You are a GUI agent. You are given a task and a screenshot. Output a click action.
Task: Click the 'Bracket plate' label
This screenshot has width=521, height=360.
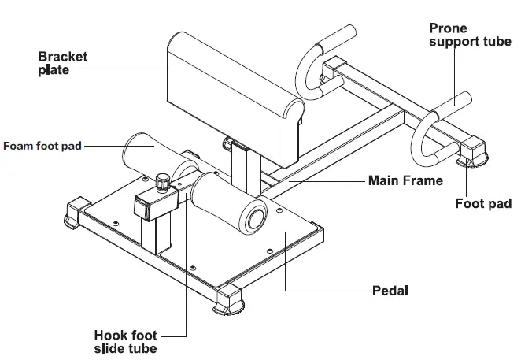pos(63,63)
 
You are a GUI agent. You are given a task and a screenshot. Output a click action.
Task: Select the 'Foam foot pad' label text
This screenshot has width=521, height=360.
pos(42,146)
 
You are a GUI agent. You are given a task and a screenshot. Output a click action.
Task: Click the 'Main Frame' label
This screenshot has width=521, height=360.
pos(405,180)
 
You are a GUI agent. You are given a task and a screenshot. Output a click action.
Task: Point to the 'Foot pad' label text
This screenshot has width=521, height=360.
pos(483,203)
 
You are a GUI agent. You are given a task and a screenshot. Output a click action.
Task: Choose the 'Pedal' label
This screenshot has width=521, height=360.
pos(390,291)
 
